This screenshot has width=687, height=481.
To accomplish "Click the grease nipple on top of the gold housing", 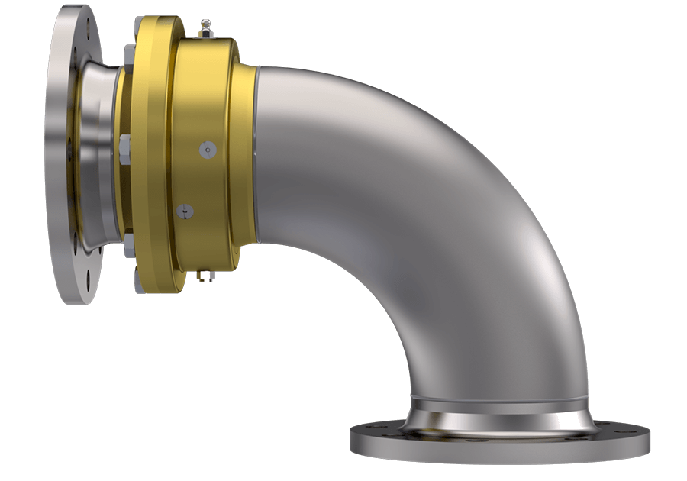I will (205, 29).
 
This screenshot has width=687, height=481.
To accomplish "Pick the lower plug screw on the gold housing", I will (182, 209).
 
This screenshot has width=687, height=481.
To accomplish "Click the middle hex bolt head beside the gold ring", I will (124, 144).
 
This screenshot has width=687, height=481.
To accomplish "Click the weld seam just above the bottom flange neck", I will (500, 399).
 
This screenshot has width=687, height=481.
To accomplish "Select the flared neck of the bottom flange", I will (500, 418).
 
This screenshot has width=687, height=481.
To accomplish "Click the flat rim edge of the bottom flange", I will (500, 450).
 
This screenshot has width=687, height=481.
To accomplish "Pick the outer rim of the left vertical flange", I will (60, 153).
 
